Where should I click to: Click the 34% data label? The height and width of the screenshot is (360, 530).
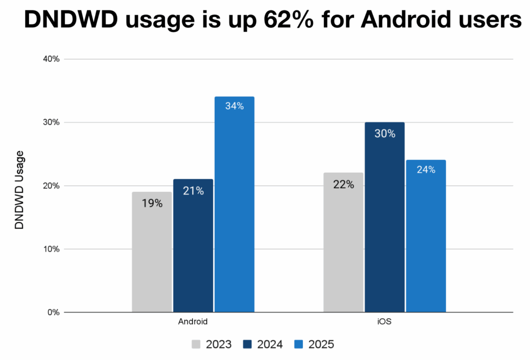234,107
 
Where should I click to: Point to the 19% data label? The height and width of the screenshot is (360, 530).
152,203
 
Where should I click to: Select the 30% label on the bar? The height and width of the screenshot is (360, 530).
385,133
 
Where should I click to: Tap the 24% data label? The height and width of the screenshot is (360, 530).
426,170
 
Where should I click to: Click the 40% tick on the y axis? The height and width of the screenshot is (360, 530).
52,59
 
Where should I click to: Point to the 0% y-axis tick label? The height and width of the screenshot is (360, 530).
54,312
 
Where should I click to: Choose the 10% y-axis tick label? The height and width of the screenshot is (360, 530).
52,249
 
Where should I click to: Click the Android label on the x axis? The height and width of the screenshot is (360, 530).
193,322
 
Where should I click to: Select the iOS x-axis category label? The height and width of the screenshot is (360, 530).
385,322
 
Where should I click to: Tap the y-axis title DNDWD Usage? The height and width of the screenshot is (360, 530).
20,190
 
